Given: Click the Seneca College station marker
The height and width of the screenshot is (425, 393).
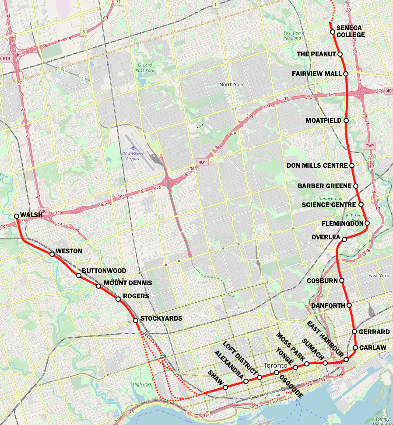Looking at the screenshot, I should [333, 32].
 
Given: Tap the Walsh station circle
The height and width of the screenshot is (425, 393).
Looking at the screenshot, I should [17, 216].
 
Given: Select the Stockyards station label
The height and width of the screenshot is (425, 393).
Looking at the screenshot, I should [161, 318].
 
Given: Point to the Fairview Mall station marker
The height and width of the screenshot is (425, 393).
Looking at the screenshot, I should [346, 74].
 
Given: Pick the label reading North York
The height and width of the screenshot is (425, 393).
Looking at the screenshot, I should [232, 84].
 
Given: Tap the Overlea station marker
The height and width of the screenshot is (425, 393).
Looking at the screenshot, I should [344, 239].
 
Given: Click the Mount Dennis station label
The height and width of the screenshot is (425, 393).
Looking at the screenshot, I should [128, 283].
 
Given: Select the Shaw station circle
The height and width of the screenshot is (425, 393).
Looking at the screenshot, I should [225, 387].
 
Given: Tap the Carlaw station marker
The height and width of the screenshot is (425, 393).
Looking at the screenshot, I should [355, 348].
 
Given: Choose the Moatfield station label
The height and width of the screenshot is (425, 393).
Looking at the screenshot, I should [323, 121].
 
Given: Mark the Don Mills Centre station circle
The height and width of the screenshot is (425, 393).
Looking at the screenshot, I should [351, 166].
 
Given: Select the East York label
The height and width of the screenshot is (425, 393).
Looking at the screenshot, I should [379, 276].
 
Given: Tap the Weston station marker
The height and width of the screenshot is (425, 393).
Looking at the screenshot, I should [52, 254].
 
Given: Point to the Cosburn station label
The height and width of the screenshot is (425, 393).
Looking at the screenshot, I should [323, 280].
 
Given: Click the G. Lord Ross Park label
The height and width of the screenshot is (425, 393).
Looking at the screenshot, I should [144, 67].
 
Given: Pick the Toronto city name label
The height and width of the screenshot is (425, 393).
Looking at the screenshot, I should [276, 365].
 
